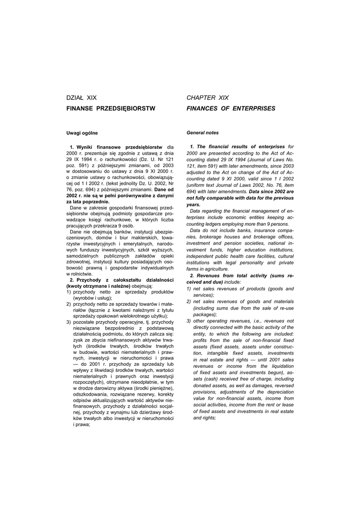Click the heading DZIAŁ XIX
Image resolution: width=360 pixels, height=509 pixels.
(82, 97)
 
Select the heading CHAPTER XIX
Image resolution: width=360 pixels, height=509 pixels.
(208, 97)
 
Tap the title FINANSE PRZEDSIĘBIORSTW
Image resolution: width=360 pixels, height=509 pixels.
(111, 108)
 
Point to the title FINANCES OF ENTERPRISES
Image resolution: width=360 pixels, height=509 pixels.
(231, 108)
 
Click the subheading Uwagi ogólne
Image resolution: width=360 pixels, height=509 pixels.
(83, 133)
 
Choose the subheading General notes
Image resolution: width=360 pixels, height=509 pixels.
(202, 133)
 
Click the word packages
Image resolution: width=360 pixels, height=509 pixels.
(204, 314)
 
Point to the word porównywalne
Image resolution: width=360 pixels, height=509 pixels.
(135, 196)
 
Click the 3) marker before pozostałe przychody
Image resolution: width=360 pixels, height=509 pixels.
(69, 322)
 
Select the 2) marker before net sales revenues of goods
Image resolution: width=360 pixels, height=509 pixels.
(189, 301)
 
